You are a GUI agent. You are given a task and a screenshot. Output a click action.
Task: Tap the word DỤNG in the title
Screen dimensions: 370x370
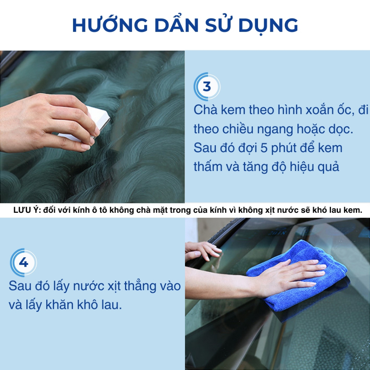[268, 25]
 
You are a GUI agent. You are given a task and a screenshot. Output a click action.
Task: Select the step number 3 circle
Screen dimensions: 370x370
[207, 87]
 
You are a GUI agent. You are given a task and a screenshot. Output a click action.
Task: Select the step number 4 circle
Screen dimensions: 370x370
[23, 262]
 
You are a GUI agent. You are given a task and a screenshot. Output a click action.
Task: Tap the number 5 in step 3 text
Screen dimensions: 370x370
[264, 148]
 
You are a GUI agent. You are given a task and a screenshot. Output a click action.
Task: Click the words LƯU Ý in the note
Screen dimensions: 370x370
[27, 210]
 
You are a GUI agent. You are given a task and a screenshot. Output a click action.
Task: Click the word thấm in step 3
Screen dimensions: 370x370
[208, 166]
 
